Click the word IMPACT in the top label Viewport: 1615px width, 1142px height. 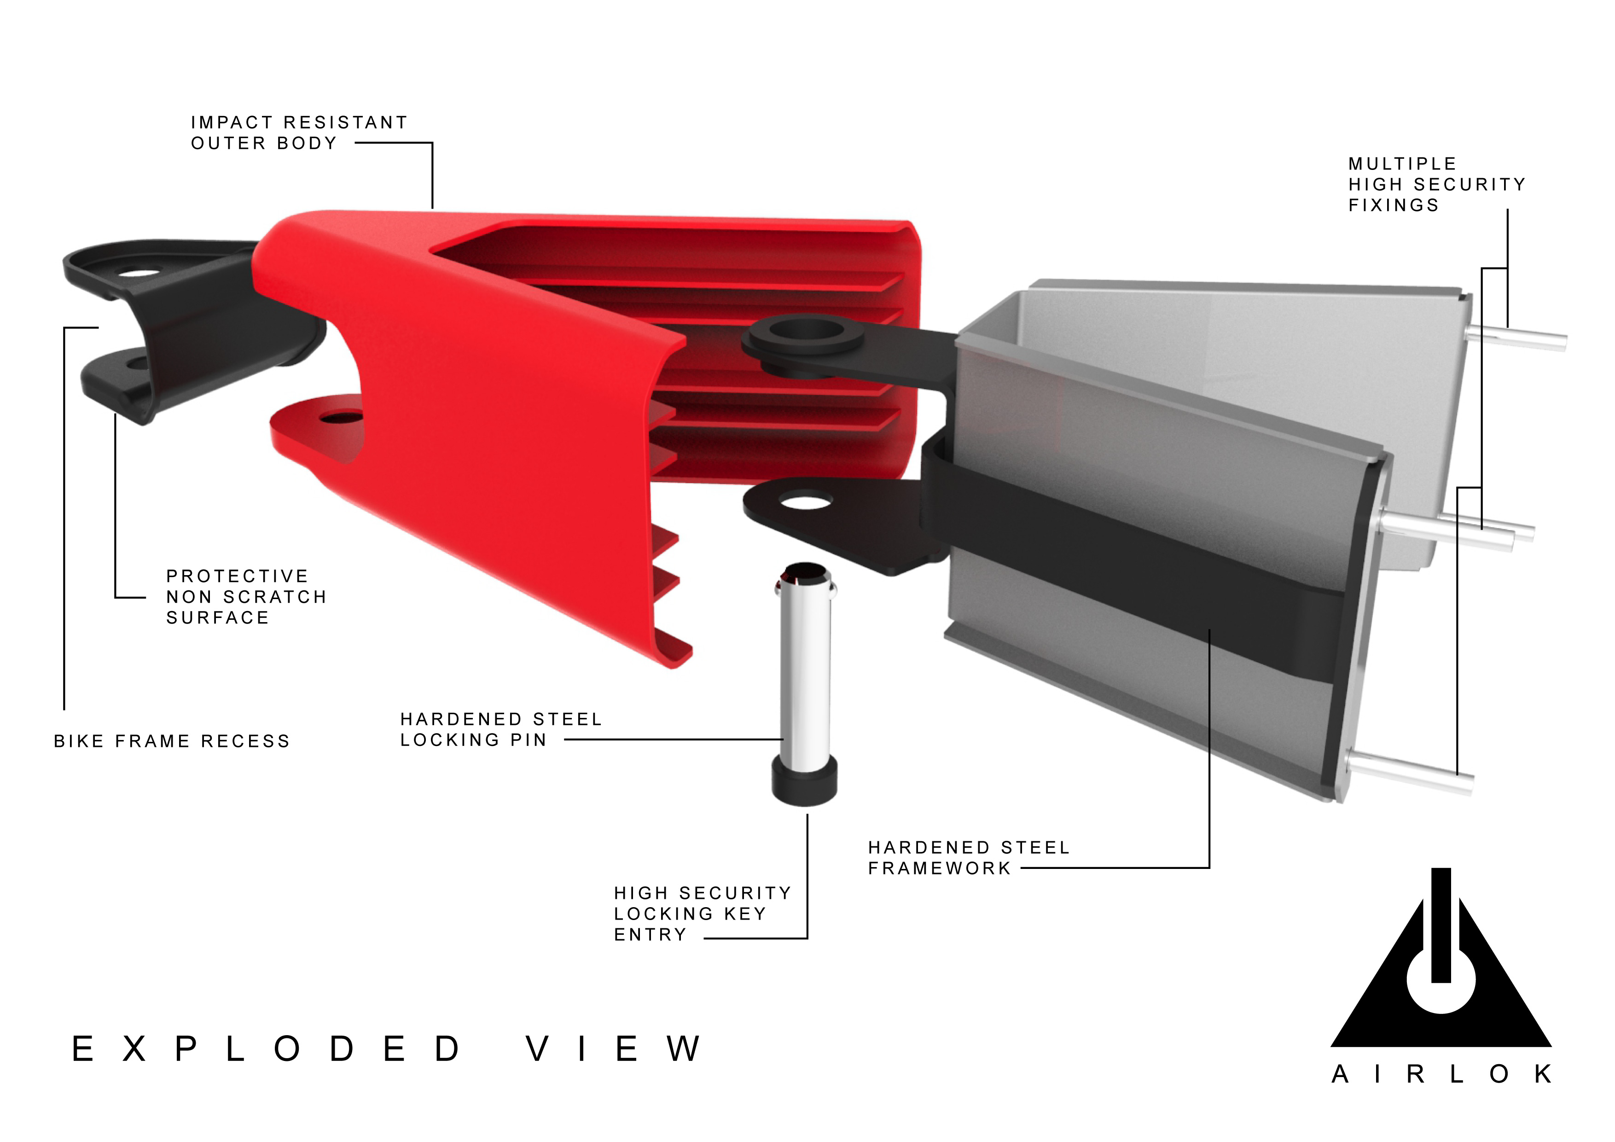coord(232,122)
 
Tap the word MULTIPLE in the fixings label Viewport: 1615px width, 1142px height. coord(1402,164)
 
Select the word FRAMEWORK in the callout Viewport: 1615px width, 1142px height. coord(939,868)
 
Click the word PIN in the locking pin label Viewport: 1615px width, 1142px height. coord(528,740)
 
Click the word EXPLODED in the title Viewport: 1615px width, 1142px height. coord(267,1049)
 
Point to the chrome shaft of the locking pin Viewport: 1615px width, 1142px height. coord(805,676)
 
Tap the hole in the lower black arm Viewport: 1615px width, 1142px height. coord(806,502)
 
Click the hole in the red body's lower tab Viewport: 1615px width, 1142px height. coord(340,419)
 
